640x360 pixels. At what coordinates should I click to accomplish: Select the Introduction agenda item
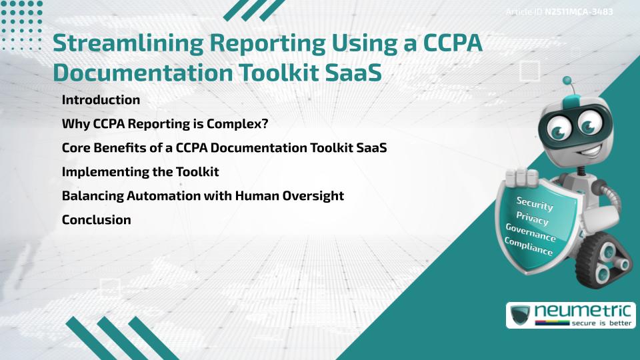101,100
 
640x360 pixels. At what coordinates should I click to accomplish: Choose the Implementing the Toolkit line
140,172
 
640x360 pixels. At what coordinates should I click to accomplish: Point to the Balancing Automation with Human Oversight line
203,196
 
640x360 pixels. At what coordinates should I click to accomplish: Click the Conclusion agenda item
96,219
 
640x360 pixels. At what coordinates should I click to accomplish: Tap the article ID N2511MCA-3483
579,12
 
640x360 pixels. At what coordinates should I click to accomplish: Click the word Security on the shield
535,203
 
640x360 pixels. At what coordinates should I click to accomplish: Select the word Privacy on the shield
532,218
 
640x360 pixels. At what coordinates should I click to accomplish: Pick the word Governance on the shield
530,233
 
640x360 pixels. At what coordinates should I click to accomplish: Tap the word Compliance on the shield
529,247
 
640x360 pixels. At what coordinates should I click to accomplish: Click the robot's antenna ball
568,81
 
